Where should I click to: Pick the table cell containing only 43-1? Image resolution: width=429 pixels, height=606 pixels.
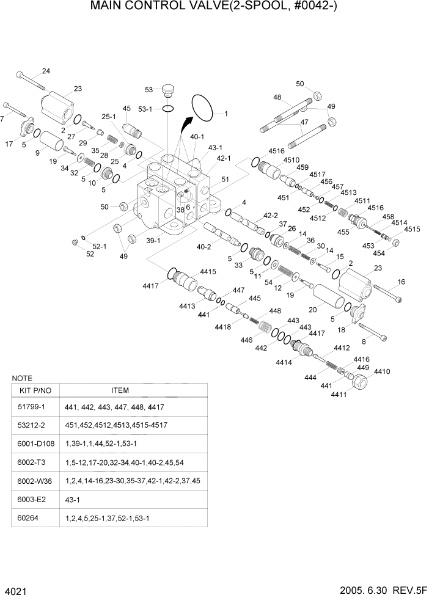click(x=71, y=499)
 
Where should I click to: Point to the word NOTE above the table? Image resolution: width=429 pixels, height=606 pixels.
click(x=22, y=378)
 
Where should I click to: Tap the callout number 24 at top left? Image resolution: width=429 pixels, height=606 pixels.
click(x=46, y=71)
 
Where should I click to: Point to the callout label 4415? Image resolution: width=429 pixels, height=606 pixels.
click(x=208, y=272)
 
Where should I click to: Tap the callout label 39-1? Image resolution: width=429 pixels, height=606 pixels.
click(x=153, y=240)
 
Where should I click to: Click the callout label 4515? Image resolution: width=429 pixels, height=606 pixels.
click(x=412, y=229)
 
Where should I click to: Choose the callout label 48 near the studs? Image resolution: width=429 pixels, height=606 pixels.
click(x=277, y=98)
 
